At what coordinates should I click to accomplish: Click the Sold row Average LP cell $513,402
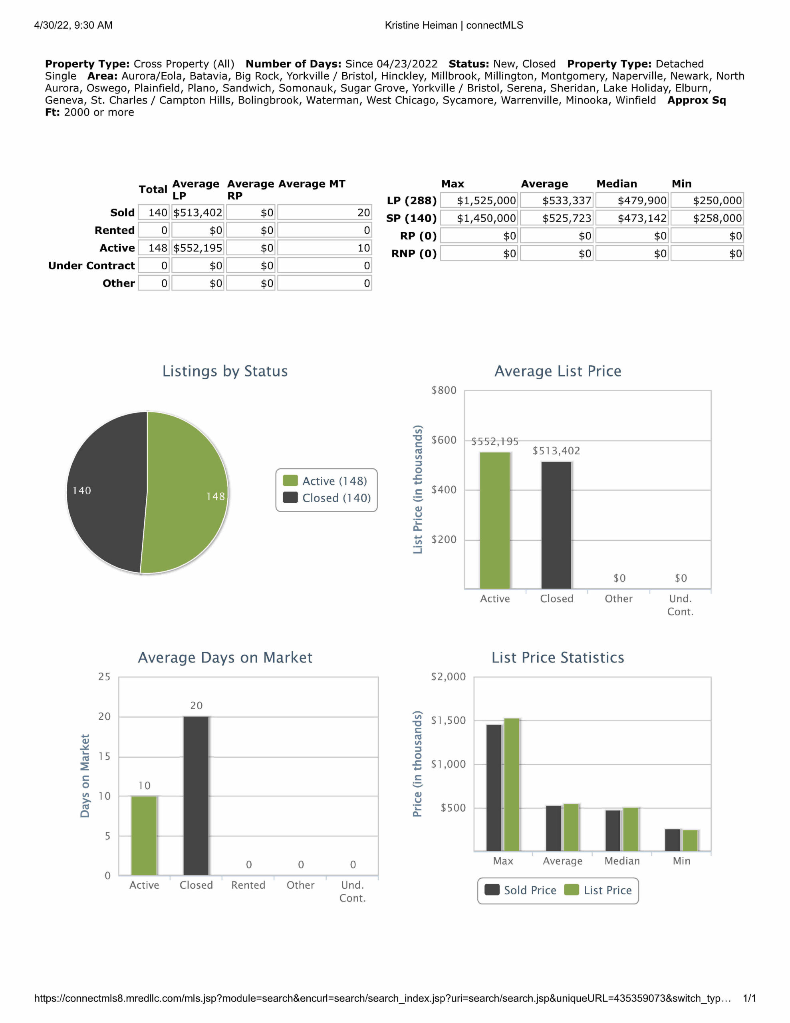click(198, 213)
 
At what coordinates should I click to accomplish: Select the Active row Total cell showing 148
click(154, 248)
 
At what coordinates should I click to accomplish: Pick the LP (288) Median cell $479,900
click(632, 201)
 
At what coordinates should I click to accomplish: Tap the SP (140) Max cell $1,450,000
click(479, 218)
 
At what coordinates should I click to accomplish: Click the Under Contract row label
click(91, 266)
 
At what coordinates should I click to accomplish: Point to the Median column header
click(616, 183)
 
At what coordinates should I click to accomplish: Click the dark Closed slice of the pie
click(105, 492)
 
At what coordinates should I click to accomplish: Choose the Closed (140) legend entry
click(327, 498)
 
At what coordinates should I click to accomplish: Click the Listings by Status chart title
click(225, 371)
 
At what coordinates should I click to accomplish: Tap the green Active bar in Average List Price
click(494, 520)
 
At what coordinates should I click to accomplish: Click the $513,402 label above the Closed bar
click(556, 451)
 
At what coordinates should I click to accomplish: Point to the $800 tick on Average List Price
click(443, 390)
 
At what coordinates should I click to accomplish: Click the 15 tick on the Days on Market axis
click(104, 756)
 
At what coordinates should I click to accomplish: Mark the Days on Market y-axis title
click(85, 776)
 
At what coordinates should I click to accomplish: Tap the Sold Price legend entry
click(520, 890)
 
